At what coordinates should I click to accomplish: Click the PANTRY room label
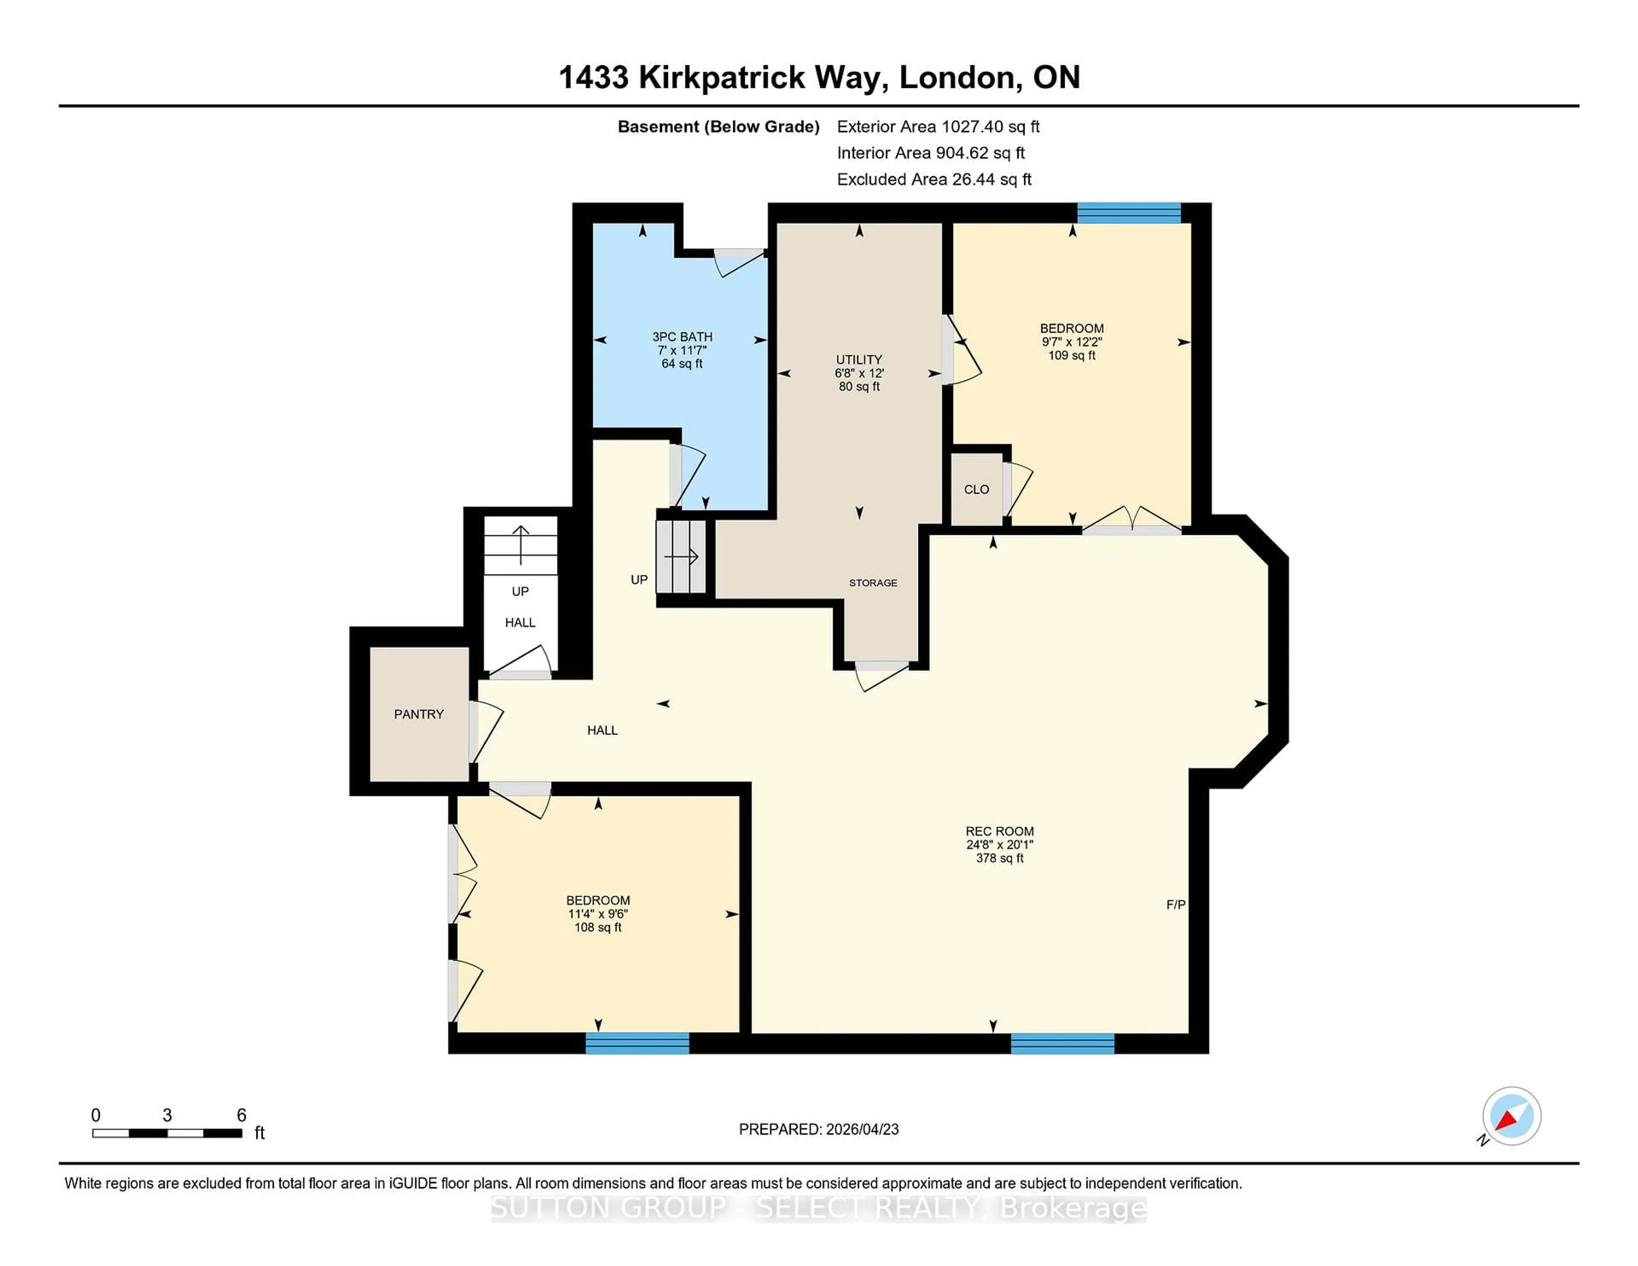coord(418,714)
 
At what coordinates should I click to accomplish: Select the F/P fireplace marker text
coord(1175,905)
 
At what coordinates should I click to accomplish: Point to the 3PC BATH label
coord(682,337)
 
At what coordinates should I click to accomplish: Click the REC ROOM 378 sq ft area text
coord(999,858)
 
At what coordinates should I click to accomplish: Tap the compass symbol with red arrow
coord(1510,1116)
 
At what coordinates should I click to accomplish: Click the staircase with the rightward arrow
coord(681,557)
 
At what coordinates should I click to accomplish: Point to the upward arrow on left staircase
coord(520,544)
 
